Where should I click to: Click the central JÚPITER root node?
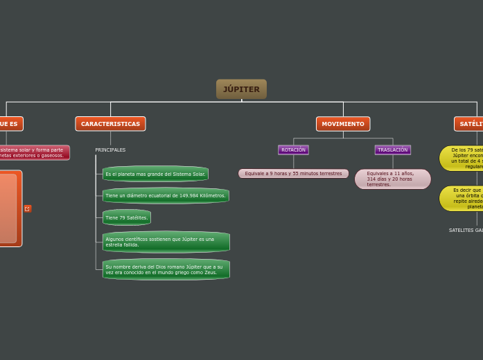[x=241, y=89]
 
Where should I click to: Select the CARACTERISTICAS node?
[x=110, y=124]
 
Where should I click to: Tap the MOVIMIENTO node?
[x=343, y=124]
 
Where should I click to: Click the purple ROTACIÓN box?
[x=293, y=150]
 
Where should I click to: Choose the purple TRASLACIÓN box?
[x=393, y=150]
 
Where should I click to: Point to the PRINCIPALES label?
[x=110, y=150]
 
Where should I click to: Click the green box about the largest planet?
[x=155, y=174]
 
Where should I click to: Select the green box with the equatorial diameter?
[x=166, y=196]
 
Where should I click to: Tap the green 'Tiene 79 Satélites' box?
[x=126, y=217]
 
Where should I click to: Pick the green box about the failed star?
[x=166, y=242]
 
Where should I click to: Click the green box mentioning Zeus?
[x=166, y=269]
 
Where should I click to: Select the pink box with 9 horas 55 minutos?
[x=293, y=174]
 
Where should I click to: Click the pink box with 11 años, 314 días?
[x=392, y=179]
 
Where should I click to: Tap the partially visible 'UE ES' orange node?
[x=10, y=124]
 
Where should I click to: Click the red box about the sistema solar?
[x=34, y=152]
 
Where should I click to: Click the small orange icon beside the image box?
[x=28, y=208]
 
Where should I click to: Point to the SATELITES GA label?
[x=466, y=230]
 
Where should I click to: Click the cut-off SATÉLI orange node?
[x=469, y=124]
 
